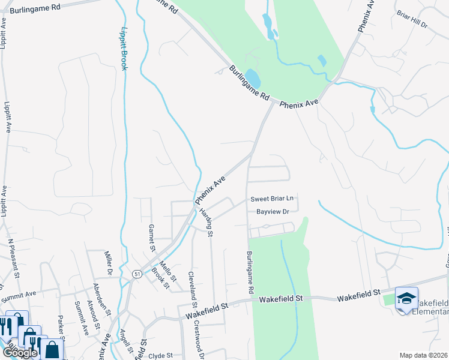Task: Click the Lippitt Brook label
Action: (x=124, y=48)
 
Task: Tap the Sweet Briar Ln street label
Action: (x=272, y=199)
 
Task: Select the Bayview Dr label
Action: (x=273, y=212)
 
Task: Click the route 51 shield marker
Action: (x=137, y=274)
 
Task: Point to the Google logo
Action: (x=19, y=353)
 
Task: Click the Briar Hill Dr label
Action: (x=412, y=19)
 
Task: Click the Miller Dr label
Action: (x=109, y=262)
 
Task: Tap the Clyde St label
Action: (x=160, y=355)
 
